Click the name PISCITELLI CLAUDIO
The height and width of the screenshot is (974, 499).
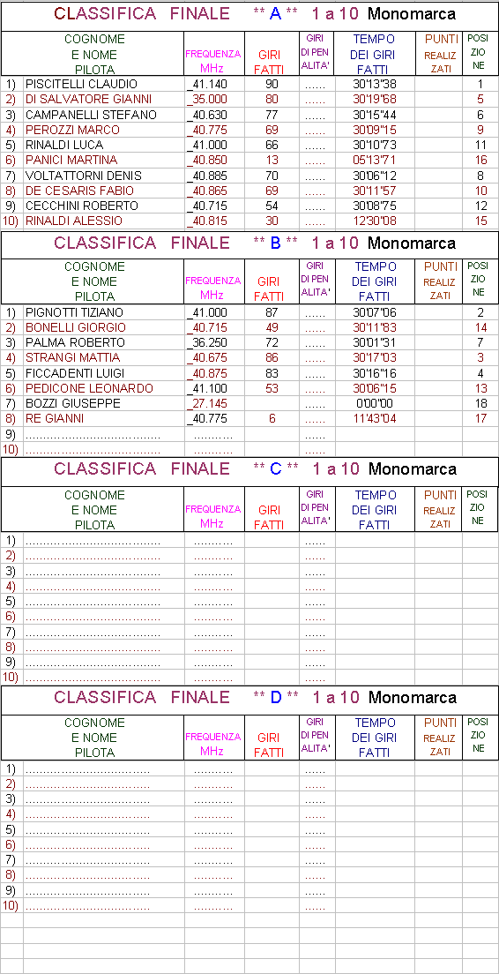coord(81,85)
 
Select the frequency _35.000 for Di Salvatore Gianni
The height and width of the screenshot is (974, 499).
coord(207,100)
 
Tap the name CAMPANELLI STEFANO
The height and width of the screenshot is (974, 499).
coord(91,115)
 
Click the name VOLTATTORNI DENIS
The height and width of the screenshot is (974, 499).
coord(83,176)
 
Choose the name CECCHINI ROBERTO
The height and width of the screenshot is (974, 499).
coord(81,206)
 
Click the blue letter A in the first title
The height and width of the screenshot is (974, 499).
coord(276,13)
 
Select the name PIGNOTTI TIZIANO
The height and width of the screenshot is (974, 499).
coord(74,312)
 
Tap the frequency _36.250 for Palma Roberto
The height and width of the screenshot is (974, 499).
coord(207,343)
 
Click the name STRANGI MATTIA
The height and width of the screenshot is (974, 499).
coord(72,358)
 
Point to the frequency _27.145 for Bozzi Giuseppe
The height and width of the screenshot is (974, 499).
coord(207,404)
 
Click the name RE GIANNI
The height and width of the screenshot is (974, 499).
coord(54,419)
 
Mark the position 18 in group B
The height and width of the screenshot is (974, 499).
coord(480,404)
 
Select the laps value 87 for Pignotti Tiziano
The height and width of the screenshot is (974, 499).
coord(272,312)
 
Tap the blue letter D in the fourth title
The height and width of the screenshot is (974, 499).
coord(276,698)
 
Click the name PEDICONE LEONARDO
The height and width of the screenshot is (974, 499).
coord(89,389)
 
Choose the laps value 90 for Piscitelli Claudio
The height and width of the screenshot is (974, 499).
coord(272,85)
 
